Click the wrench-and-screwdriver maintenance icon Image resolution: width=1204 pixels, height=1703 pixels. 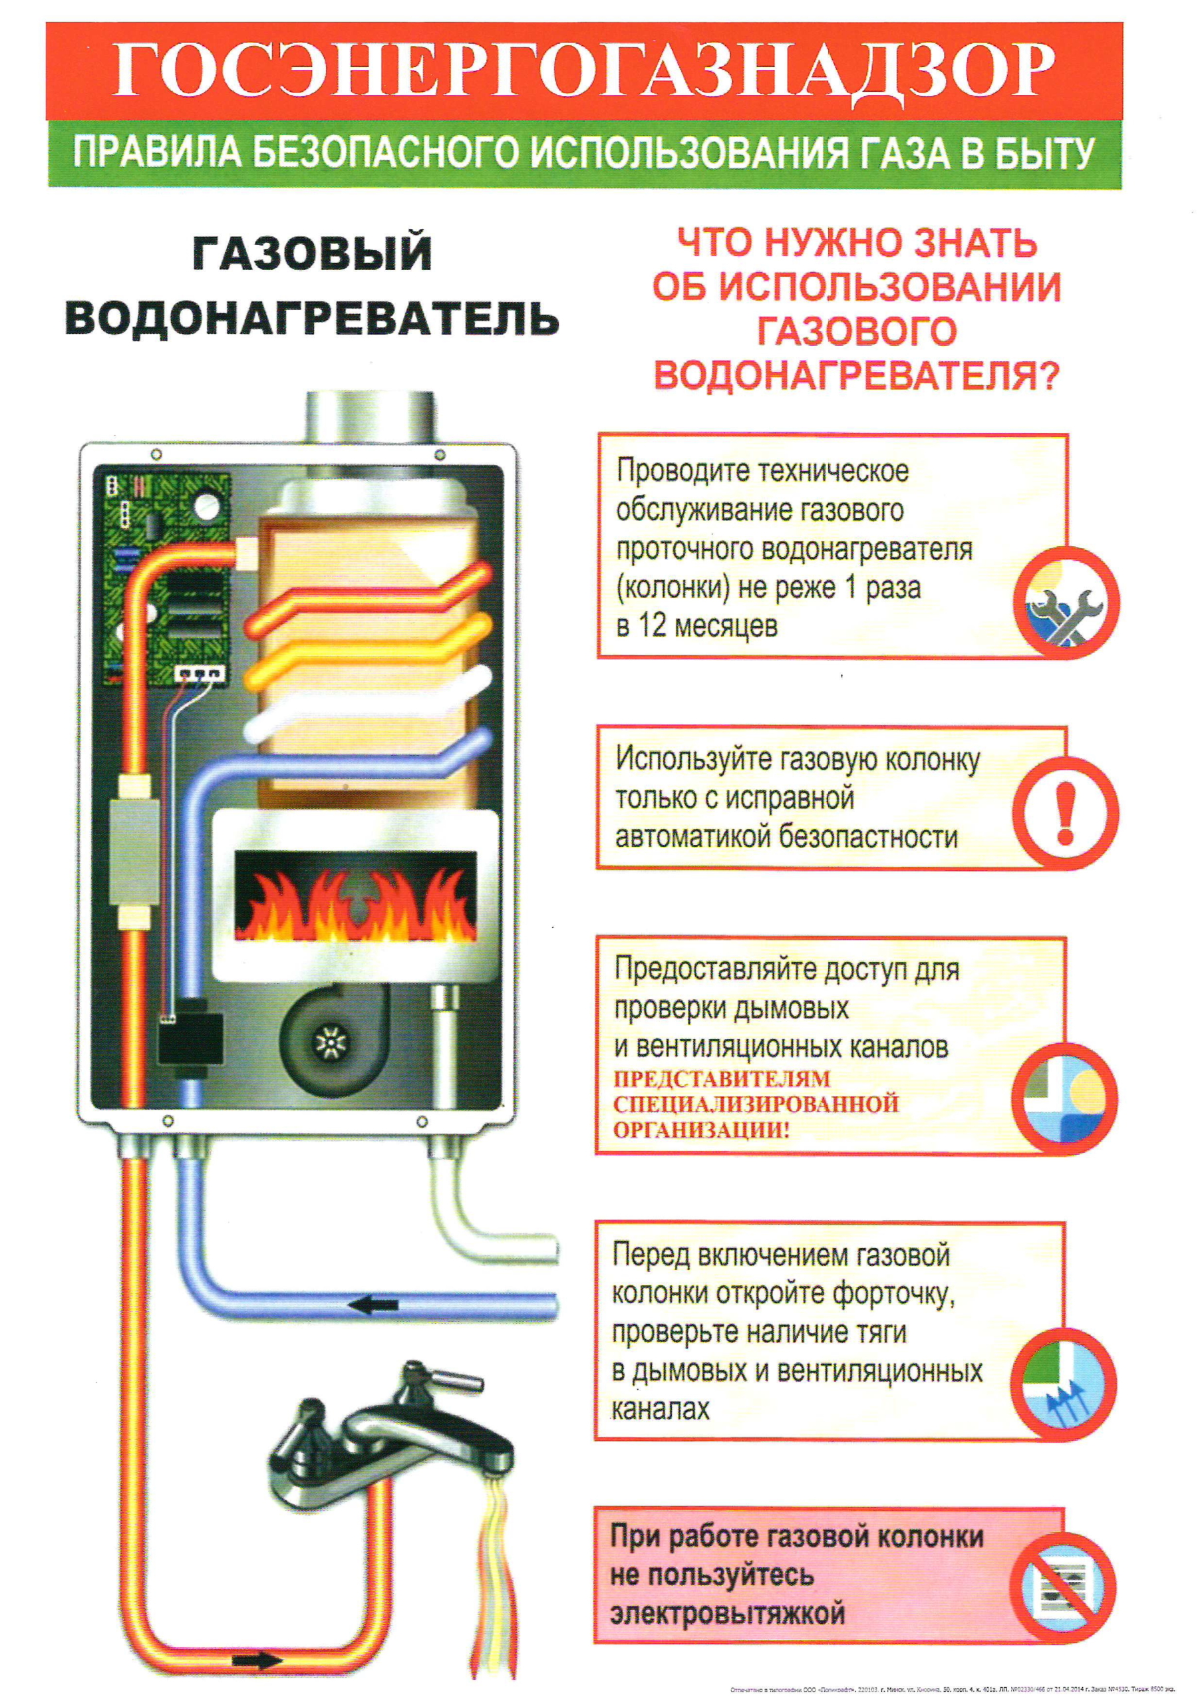tap(1066, 602)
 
